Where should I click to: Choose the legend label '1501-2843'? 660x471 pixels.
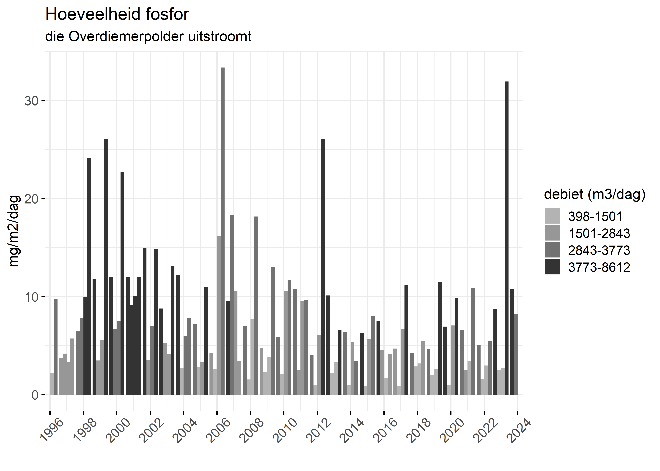coord(599,233)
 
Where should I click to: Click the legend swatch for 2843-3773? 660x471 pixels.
coord(552,250)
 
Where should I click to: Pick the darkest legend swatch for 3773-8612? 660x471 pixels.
coord(552,267)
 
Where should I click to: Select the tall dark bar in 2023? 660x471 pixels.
coord(506,238)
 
